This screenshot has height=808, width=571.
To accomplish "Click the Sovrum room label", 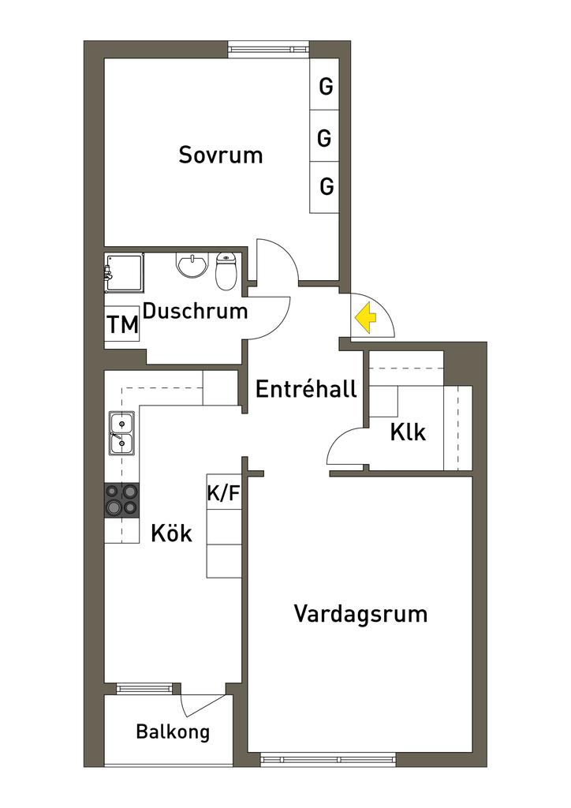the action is [220, 154].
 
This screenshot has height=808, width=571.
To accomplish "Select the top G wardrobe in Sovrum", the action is [325, 87].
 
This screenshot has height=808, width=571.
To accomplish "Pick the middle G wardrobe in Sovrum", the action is [324, 138].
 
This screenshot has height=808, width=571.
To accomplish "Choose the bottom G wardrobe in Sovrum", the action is [326, 187].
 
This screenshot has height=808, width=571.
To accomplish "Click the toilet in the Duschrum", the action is [226, 270].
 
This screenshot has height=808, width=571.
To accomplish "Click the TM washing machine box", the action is [122, 324].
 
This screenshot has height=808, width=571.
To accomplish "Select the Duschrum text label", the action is [195, 311].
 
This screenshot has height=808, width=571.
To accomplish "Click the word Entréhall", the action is [306, 388].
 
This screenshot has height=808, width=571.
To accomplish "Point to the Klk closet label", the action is [408, 432].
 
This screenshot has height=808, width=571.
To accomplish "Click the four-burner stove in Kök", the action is [121, 499].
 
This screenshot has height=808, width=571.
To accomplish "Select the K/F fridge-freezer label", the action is [222, 493].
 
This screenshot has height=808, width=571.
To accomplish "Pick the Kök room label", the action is [171, 533].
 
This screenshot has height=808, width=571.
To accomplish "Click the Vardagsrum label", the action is [360, 613].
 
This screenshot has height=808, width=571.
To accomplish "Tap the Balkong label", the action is [173, 731].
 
